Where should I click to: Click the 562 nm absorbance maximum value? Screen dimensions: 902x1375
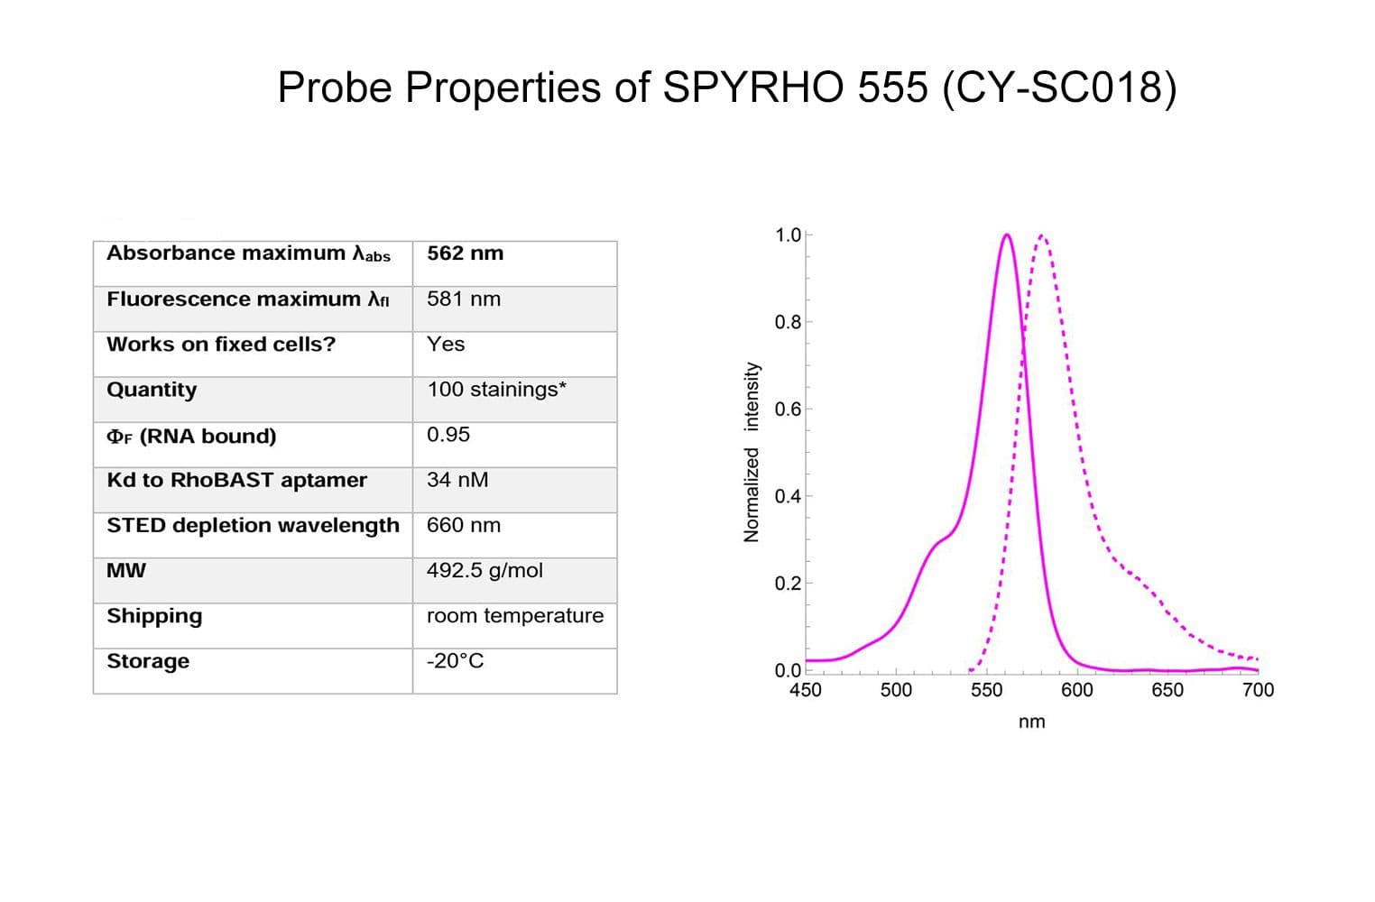point(466,253)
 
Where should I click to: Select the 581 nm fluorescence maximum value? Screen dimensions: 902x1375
point(464,299)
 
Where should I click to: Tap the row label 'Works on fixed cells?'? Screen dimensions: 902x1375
point(221,345)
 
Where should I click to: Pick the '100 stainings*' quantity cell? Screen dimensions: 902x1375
point(496,390)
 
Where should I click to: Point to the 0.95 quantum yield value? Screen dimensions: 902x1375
point(448,435)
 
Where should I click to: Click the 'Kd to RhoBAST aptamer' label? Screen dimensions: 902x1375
point(236,480)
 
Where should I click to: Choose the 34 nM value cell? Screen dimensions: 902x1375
point(457,480)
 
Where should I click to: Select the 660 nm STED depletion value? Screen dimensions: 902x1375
point(464,525)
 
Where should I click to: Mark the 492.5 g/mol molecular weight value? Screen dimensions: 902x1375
point(484,570)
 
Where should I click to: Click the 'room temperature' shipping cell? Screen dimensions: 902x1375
point(515,615)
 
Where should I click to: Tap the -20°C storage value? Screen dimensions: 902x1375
point(455,661)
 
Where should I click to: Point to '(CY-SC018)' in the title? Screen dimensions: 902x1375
point(1059,88)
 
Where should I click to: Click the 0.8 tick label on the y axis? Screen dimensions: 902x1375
point(787,322)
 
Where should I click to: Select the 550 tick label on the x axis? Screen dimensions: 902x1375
point(986,690)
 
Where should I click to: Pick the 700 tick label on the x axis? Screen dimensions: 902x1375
point(1258,690)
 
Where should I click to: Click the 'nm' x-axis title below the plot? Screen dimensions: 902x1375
point(1031,722)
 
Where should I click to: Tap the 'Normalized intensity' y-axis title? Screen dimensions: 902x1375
point(751,452)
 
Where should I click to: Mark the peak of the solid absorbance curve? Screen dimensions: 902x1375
point(1007,235)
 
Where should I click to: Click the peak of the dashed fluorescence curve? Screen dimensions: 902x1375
point(1042,236)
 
